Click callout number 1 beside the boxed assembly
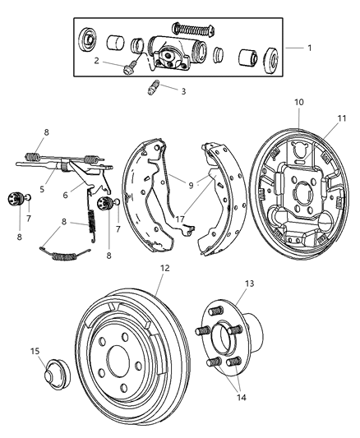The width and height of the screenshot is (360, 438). point(309,48)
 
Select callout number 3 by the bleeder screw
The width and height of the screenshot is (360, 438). point(183,91)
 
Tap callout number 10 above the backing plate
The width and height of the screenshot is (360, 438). point(299,102)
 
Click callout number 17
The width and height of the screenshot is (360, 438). point(178,219)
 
